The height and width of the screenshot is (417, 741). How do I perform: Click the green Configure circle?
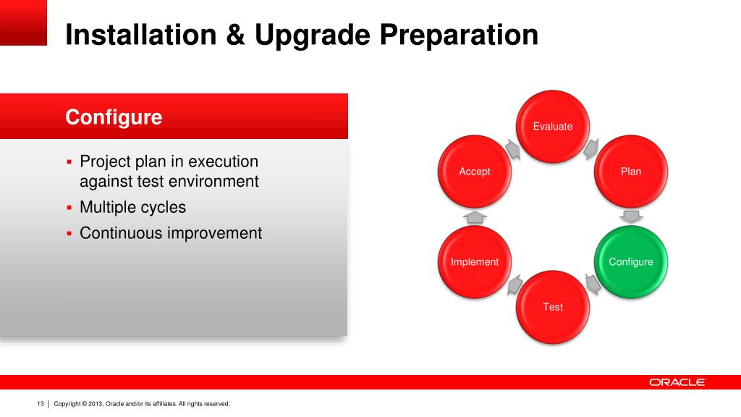[x=630, y=261]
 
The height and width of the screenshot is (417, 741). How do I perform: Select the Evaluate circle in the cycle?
[x=552, y=126]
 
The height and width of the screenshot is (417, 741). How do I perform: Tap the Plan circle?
[x=630, y=171]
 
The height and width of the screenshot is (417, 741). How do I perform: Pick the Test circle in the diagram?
[x=552, y=307]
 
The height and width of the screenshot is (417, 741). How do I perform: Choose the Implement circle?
[x=475, y=261]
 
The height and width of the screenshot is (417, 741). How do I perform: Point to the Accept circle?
[x=475, y=171]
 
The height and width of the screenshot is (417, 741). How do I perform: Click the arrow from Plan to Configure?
[x=631, y=217]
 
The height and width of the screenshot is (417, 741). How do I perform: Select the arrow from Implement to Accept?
[x=475, y=217]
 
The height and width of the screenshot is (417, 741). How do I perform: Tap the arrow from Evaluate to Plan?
[x=591, y=149]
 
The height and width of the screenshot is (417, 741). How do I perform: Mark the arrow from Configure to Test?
[x=593, y=284]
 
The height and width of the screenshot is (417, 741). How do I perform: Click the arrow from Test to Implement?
[x=515, y=285]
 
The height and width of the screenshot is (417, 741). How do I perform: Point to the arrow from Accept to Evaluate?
[x=513, y=149]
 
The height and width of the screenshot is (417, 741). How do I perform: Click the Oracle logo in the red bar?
[x=677, y=382]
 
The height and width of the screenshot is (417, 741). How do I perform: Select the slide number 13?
[x=41, y=404]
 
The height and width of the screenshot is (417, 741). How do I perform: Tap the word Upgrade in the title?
[x=312, y=35]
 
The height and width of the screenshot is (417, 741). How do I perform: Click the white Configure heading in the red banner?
[x=114, y=117]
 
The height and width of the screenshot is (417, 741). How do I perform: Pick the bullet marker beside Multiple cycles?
[x=69, y=207]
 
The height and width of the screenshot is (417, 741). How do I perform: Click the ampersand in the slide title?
[x=235, y=35]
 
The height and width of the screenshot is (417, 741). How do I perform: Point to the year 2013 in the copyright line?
[x=96, y=404]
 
